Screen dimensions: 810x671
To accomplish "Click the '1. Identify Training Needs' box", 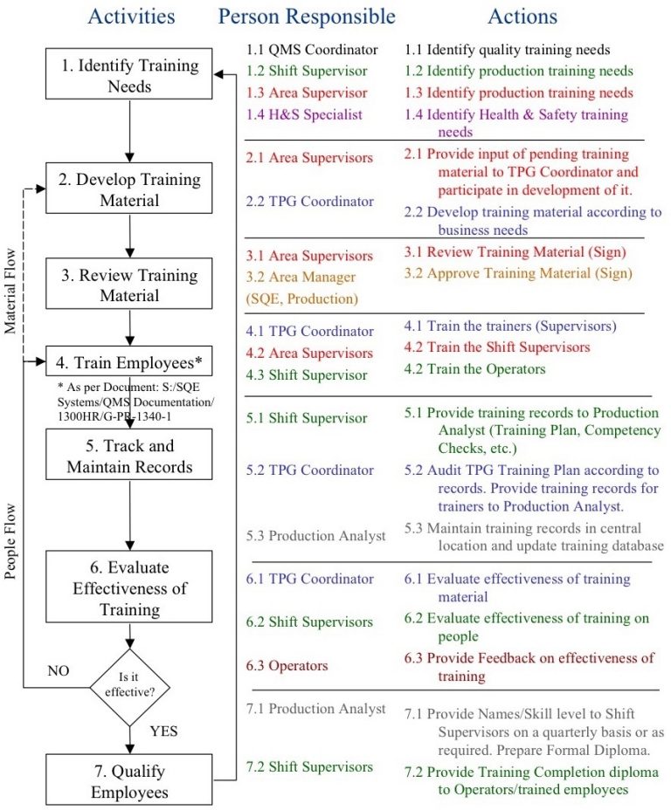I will click(x=129, y=77).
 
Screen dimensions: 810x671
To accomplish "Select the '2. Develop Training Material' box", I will click(x=129, y=190).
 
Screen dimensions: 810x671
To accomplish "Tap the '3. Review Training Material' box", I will click(x=129, y=285).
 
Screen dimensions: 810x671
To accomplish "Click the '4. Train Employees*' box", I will click(x=129, y=360).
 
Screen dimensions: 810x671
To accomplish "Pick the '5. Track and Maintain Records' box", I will click(x=129, y=456).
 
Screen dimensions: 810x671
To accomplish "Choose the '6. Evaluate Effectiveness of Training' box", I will click(x=129, y=587).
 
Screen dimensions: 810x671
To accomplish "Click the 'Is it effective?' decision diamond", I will click(x=129, y=687).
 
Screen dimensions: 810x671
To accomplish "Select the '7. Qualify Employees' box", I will click(x=129, y=781).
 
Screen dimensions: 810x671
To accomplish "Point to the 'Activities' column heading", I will click(x=131, y=17).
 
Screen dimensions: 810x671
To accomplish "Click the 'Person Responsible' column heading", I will click(x=307, y=17).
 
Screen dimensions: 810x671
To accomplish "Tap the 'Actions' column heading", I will click(x=522, y=17).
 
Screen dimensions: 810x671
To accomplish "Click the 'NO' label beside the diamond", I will click(x=58, y=670).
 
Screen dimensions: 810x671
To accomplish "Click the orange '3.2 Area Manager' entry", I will click(x=301, y=278).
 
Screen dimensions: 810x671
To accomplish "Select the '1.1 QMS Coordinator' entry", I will click(x=312, y=50).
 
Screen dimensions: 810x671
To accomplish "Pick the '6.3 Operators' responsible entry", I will click(x=287, y=666).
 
